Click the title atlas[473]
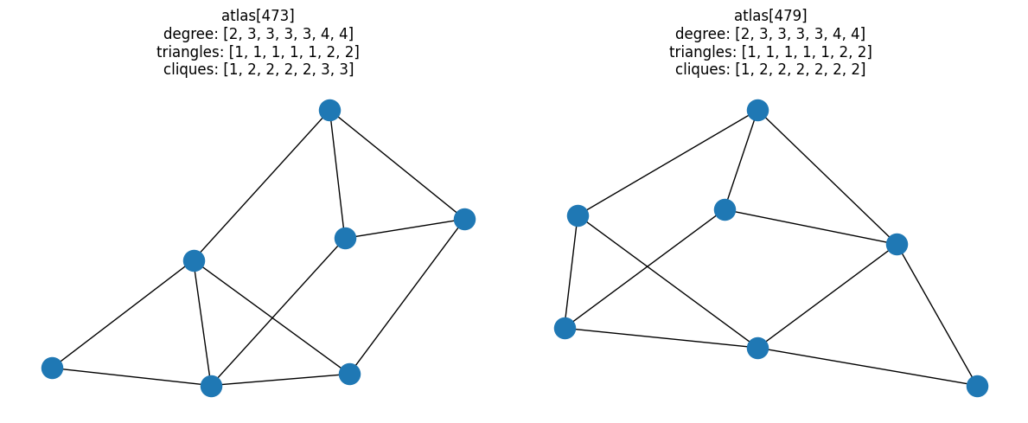pos(258,15)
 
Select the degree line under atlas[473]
pos(258,33)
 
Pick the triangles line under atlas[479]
pos(769,51)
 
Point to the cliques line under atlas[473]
pos(258,69)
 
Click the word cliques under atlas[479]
pos(702,69)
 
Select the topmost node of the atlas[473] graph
pos(329,110)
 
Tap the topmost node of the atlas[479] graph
pos(757,110)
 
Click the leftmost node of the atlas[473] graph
pos(52,368)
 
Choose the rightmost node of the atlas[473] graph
pos(464,219)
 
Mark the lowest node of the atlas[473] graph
pos(211,386)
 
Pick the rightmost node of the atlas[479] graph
pos(977,386)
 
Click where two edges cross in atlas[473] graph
pos(271,317)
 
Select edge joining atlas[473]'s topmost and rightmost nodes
pos(397,164)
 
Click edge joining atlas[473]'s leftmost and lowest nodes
pos(131,377)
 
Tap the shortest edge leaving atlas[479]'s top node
pos(741,160)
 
